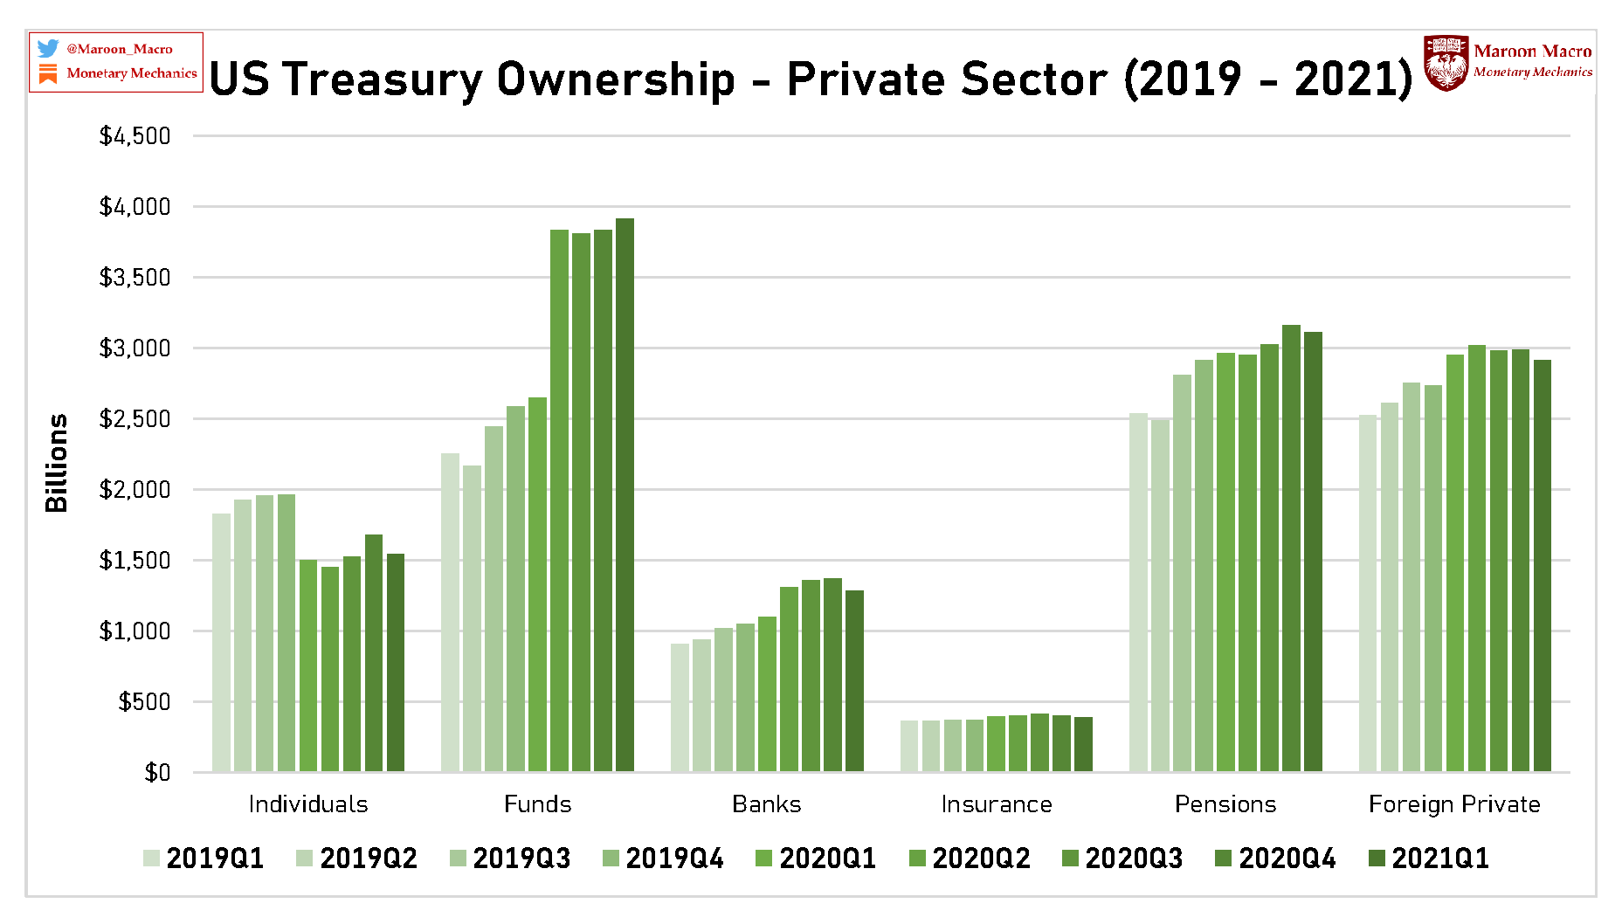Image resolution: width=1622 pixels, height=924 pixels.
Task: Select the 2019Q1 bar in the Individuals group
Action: pos(221,643)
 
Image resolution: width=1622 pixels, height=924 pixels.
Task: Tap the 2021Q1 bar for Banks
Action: pos(854,681)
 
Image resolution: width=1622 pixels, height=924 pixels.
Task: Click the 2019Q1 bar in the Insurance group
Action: pos(909,746)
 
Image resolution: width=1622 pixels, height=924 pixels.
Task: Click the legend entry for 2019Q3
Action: pos(510,858)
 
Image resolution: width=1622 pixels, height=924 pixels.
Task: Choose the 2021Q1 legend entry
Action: pos(1429,858)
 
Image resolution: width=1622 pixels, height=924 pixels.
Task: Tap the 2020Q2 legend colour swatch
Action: pos(917,858)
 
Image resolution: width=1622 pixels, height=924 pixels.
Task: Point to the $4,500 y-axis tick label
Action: pos(135,136)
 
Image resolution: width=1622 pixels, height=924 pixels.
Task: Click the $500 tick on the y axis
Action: pos(145,702)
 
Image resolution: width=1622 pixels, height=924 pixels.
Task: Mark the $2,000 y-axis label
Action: pos(135,490)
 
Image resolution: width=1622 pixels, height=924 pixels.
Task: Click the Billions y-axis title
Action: pos(57,463)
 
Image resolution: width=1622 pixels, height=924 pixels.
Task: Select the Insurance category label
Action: pos(997,804)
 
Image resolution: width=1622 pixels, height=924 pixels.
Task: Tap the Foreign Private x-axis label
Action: pos(1454,804)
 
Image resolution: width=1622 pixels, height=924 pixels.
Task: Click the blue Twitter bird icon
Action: pos(48,49)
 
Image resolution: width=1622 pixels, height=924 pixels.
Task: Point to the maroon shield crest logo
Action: pos(1446,63)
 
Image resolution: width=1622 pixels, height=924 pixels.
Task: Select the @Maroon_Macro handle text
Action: pos(120,50)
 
